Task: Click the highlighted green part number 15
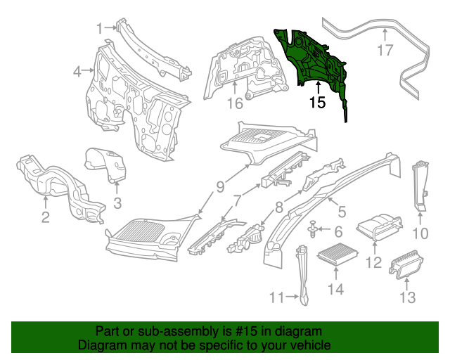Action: tap(313, 60)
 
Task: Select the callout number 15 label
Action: tap(318, 103)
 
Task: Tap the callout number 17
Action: tap(385, 50)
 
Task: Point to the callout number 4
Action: tap(77, 70)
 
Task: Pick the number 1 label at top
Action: tap(100, 28)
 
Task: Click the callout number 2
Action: tap(45, 217)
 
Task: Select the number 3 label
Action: tap(117, 203)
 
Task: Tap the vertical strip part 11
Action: tap(303, 274)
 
